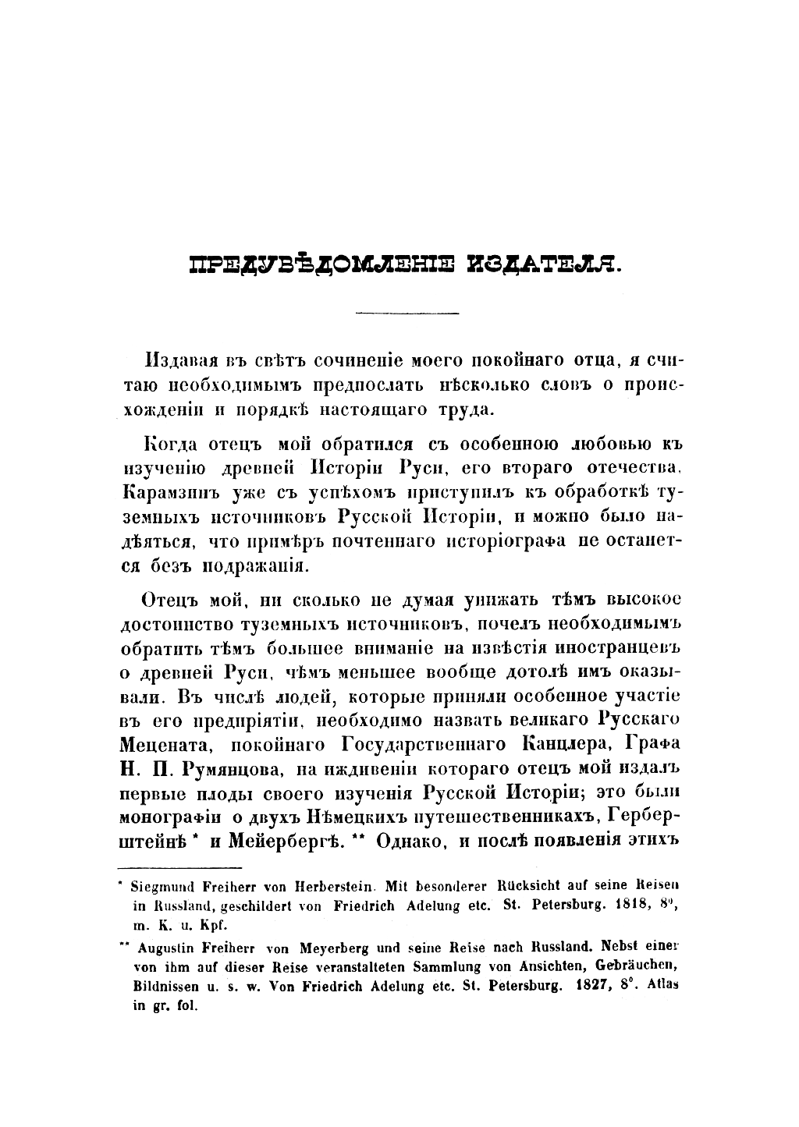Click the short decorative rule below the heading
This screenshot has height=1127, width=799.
(407, 313)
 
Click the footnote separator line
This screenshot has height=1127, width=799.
(179, 867)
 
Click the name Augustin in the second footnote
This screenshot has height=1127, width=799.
(164, 950)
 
